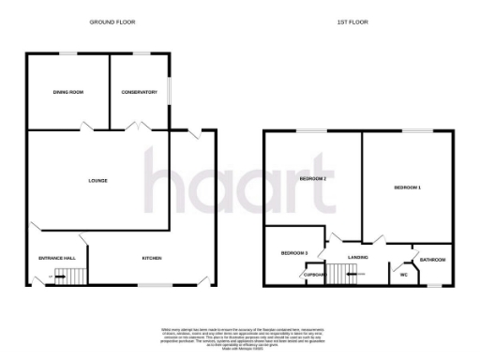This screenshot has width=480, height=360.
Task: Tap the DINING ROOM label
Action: [68, 92]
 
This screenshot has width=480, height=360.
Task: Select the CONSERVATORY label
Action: [139, 92]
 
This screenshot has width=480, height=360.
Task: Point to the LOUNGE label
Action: [97, 180]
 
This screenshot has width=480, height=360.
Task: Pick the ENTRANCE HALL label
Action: [55, 258]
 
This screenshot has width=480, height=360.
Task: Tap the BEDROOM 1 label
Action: [407, 188]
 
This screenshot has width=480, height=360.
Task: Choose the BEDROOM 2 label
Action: [312, 178]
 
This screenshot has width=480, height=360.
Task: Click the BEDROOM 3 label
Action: [293, 253]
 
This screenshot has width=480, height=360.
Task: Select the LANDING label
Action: [357, 257]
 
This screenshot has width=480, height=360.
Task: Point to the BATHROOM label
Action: [432, 260]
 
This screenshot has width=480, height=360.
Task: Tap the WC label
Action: [403, 275]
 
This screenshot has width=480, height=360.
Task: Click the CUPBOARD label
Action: [313, 274]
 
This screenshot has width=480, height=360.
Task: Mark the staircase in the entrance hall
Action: [67, 275]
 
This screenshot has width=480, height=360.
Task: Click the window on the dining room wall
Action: [68, 52]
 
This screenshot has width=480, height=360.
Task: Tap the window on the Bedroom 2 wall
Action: [312, 130]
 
